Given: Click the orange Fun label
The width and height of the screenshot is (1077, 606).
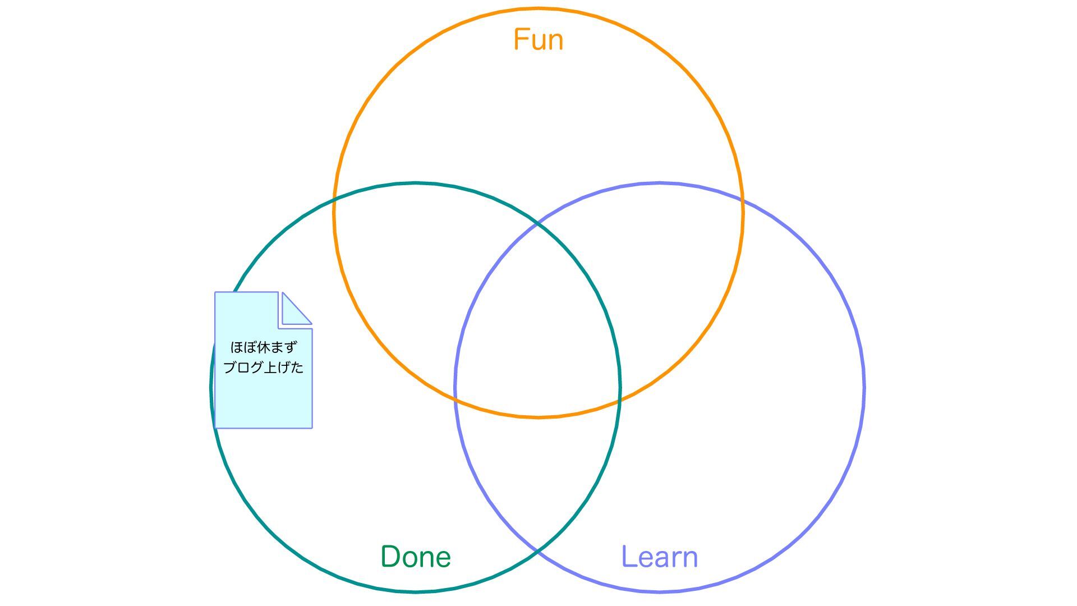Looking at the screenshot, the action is point(538,40).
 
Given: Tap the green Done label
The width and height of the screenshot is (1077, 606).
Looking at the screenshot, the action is point(416,557).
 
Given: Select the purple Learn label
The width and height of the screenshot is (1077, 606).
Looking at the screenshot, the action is point(660,557).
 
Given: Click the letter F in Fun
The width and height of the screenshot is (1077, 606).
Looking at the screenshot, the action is point(521,40).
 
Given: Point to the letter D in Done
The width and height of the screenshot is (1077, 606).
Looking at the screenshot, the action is point(390,557).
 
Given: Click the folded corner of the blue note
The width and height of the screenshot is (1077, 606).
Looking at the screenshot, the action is point(295,310).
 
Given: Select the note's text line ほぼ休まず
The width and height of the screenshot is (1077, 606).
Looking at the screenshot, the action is point(263,347).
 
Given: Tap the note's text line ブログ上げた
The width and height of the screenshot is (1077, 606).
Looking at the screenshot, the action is point(263,368).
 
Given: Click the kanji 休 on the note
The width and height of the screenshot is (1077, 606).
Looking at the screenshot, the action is point(263,347).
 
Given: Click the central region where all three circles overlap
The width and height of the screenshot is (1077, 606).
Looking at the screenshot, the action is point(537,337).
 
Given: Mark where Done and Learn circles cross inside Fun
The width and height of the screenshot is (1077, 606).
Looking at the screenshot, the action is point(537,223).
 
